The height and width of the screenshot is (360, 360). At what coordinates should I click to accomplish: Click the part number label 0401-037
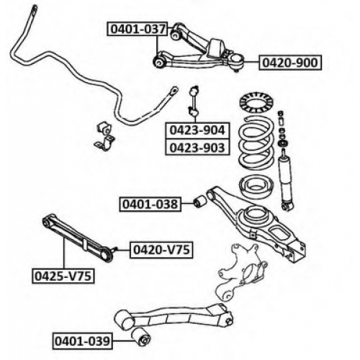tap(138, 29)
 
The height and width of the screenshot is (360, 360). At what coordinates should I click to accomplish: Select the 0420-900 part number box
tap(290, 63)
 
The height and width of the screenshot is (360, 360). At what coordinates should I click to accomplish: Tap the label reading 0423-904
tap(197, 130)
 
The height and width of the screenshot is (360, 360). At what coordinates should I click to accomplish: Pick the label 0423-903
tap(197, 147)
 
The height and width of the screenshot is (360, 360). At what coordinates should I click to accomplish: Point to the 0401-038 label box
tap(150, 204)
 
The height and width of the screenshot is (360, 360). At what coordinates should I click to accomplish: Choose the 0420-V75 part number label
tap(161, 250)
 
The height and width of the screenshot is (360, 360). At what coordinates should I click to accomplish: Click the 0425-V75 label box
tap(63, 276)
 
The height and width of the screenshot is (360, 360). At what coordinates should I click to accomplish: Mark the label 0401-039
tap(83, 341)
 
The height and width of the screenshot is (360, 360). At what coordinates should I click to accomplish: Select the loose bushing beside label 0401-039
tap(141, 336)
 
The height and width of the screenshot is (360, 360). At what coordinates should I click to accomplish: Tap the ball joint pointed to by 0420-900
tap(237, 62)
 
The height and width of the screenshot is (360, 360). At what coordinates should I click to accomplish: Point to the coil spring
tap(256, 144)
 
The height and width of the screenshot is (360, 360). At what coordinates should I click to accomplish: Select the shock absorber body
tap(287, 181)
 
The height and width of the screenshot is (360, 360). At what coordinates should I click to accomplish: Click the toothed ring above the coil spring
tap(254, 103)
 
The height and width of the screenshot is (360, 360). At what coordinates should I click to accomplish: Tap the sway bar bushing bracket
tap(104, 137)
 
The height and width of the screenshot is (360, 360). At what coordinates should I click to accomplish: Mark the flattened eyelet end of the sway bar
tap(174, 91)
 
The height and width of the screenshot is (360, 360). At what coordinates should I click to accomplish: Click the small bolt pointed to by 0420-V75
tap(114, 250)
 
